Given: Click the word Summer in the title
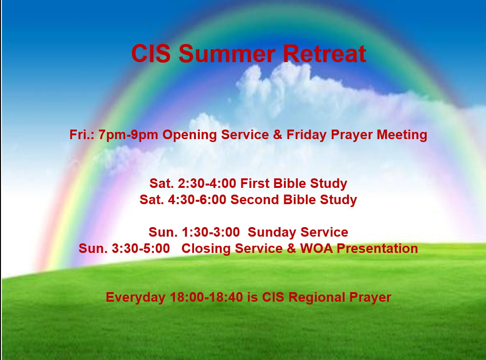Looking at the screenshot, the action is pyautogui.click(x=227, y=54).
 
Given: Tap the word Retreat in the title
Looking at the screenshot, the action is pyautogui.click(x=324, y=54).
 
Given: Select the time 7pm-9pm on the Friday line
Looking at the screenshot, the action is pyautogui.click(x=129, y=135).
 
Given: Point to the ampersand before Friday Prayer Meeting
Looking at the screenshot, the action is pyautogui.click(x=278, y=134).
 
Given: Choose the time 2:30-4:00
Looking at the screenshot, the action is pyautogui.click(x=207, y=183).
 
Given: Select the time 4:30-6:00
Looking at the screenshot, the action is pyautogui.click(x=197, y=200).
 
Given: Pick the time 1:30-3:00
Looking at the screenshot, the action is pyautogui.click(x=211, y=232).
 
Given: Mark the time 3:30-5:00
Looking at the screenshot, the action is pyautogui.click(x=140, y=249).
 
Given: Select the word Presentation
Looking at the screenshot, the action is pyautogui.click(x=377, y=249).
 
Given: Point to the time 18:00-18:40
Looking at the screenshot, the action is pyautogui.click(x=206, y=297).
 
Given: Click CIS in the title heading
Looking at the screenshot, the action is pyautogui.click(x=151, y=54).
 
